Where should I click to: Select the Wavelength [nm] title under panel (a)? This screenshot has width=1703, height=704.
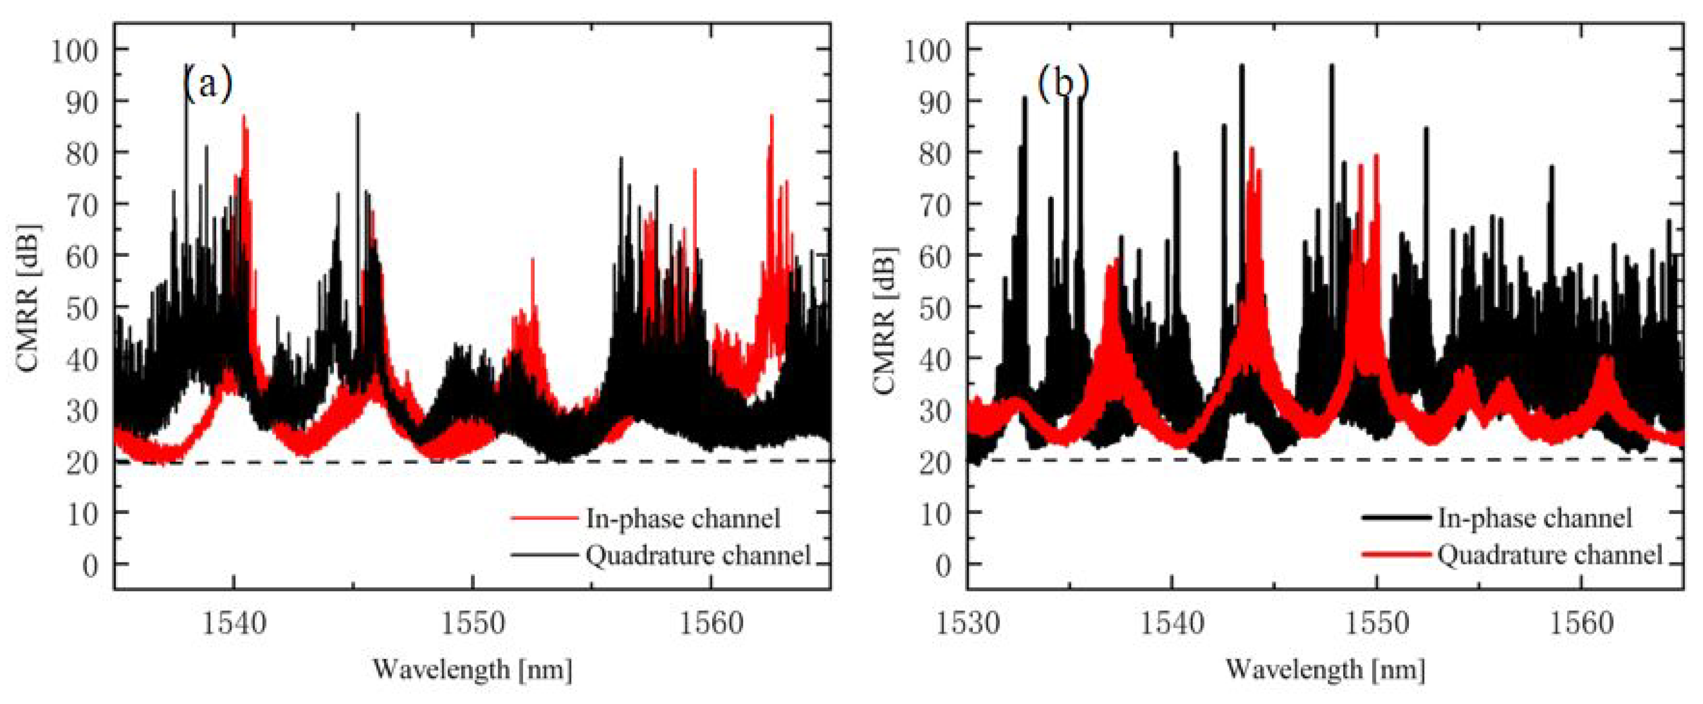(x=472, y=669)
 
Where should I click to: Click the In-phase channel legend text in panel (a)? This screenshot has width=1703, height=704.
(x=683, y=518)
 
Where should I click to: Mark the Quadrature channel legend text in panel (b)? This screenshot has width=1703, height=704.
(x=1549, y=555)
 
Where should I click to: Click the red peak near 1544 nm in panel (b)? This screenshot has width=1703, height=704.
(x=1251, y=149)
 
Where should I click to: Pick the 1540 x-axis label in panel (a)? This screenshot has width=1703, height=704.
(x=234, y=623)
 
